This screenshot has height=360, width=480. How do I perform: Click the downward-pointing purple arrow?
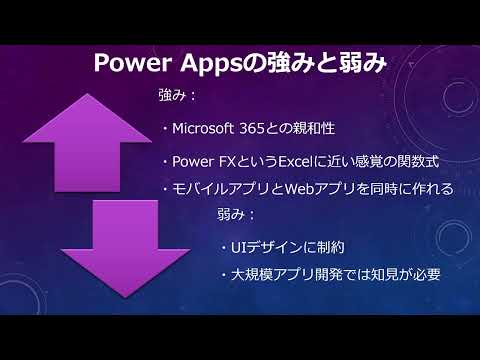(125, 248)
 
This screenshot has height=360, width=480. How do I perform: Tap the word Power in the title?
(133, 63)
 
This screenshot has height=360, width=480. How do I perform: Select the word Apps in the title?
(211, 64)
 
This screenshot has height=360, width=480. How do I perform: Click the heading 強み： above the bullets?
(177, 95)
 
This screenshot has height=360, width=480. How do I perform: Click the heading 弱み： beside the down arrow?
(236, 214)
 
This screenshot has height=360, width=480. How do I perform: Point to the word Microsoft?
(203, 128)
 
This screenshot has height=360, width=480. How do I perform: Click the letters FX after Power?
(227, 162)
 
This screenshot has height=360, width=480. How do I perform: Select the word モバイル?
(196, 189)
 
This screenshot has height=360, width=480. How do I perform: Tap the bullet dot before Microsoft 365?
(165, 129)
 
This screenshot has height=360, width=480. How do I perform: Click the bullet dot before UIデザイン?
(224, 248)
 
